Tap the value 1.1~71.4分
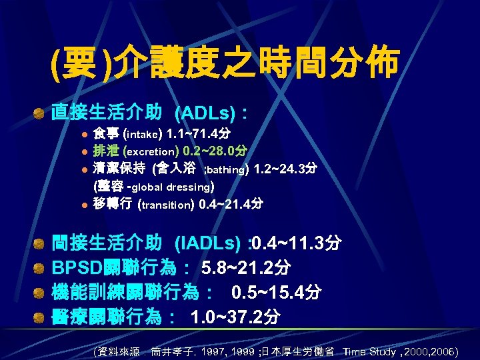click(193, 132)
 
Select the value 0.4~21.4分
click(231, 204)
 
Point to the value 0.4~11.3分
click(297, 243)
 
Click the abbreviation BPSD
click(77, 268)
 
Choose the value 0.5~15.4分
click(277, 292)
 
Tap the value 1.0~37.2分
click(235, 317)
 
